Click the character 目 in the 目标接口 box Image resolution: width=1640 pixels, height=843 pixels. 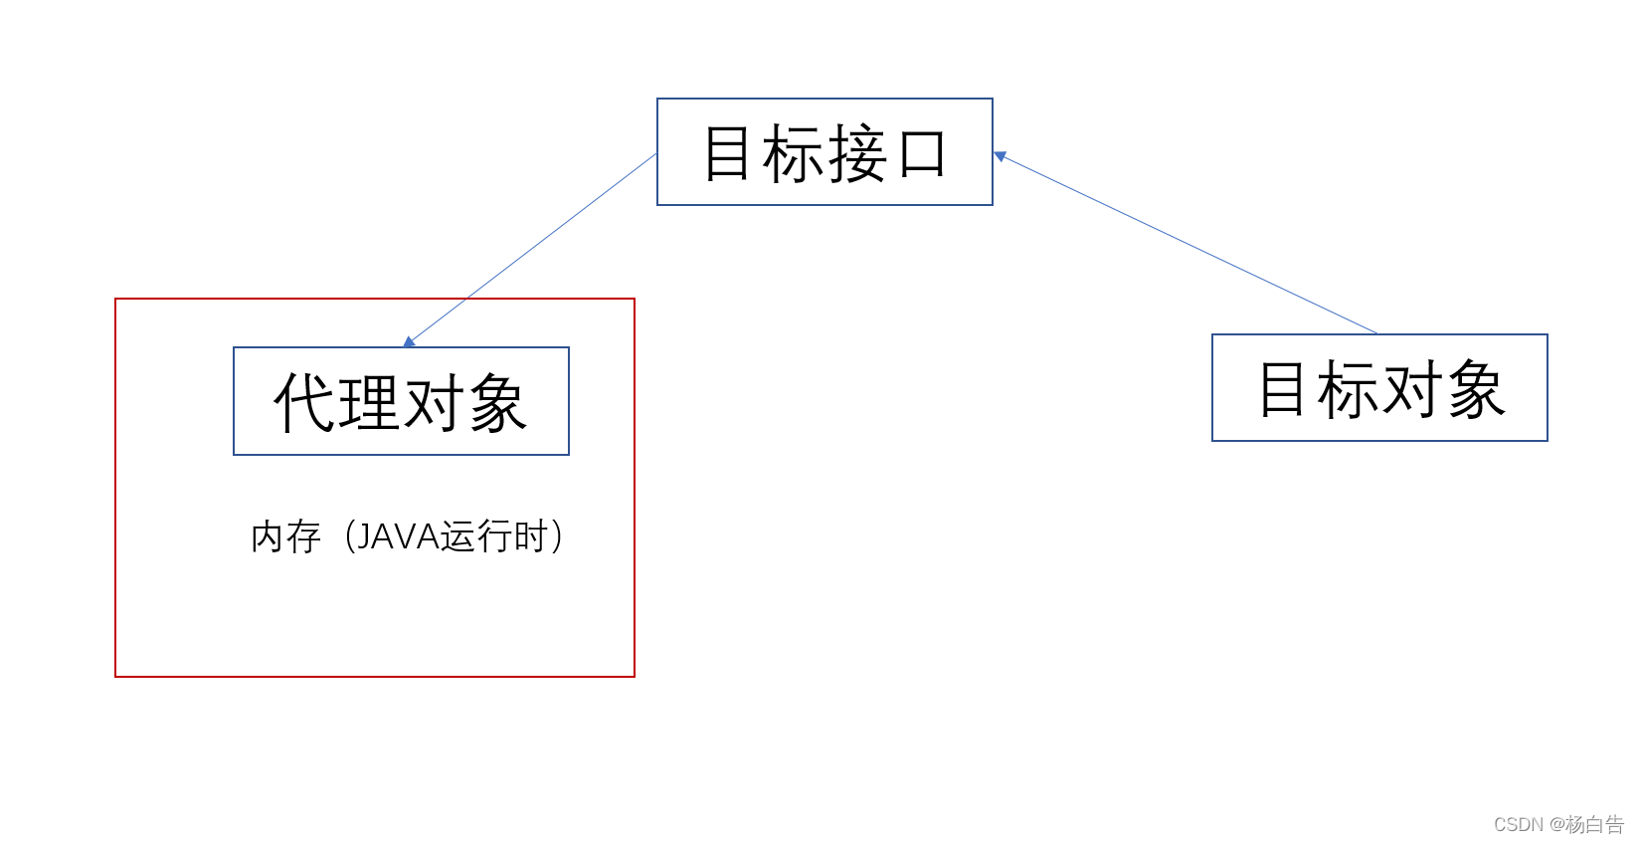[x=727, y=153]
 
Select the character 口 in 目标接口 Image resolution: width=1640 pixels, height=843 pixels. [x=922, y=155]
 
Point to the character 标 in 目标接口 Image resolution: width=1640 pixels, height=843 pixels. [x=792, y=153]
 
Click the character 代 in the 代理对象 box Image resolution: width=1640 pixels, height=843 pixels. [x=304, y=402]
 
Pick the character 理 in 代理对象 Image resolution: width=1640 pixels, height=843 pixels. [x=368, y=402]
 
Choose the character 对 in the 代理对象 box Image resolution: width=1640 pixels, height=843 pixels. [x=434, y=402]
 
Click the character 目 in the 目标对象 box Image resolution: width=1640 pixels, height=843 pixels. [x=1282, y=389]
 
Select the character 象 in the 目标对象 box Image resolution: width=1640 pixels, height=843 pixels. [x=1476, y=389]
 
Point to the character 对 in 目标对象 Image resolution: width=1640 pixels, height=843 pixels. [x=1412, y=389]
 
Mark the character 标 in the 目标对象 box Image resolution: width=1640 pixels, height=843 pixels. [x=1347, y=389]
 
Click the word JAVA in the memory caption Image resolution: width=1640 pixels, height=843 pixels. [x=398, y=536]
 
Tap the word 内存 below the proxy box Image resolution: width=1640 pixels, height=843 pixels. [x=285, y=537]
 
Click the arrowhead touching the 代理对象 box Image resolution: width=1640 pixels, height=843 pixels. [x=409, y=342]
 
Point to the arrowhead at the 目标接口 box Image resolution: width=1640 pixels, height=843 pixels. [x=1000, y=155]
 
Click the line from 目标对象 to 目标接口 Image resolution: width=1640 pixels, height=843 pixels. [x=1188, y=244]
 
